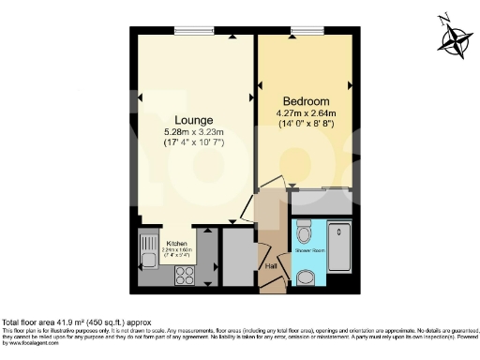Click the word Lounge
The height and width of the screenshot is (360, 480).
(192, 120)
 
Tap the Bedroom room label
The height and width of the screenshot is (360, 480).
(305, 101)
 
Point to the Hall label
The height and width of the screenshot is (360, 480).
(272, 267)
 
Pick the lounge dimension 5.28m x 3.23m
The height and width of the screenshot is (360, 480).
(192, 133)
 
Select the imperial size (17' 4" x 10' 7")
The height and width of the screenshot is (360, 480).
(192, 144)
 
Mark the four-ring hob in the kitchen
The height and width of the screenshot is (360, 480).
(184, 276)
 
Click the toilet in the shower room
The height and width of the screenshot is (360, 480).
(304, 231)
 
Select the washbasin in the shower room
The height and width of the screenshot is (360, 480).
(305, 277)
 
